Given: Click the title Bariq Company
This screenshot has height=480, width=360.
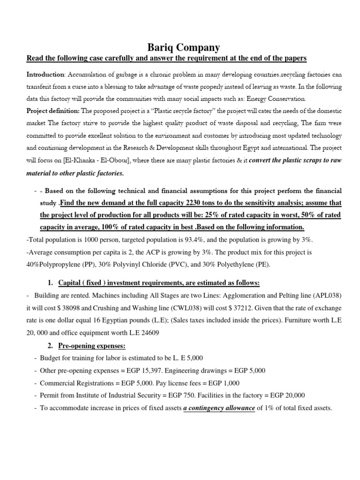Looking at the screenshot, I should pyautogui.click(x=180, y=47).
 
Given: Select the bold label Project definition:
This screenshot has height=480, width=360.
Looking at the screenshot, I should pyautogui.click(x=53, y=111).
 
